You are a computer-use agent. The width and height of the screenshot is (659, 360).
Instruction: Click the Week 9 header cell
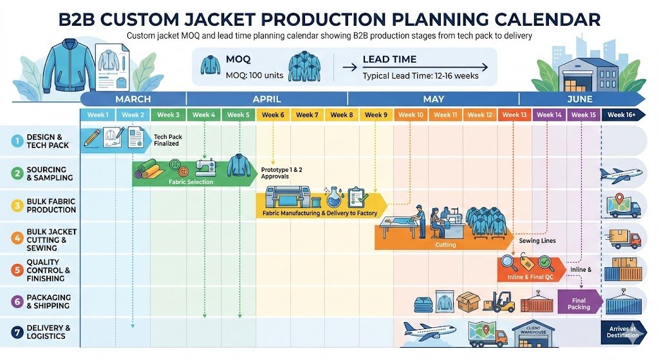pos(376,115)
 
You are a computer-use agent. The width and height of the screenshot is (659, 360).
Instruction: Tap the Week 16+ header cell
pos(622,115)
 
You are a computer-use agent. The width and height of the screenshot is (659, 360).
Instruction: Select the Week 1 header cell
pos(97,115)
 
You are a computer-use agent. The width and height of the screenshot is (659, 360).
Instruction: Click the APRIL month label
pos(267,99)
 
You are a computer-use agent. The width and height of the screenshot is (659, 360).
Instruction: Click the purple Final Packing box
pos(579,303)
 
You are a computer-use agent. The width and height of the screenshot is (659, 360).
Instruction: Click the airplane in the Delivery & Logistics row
pos(425,332)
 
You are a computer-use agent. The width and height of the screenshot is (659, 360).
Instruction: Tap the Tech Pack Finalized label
pos(166,140)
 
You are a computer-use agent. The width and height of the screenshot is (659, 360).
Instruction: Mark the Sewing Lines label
pos(537,240)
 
